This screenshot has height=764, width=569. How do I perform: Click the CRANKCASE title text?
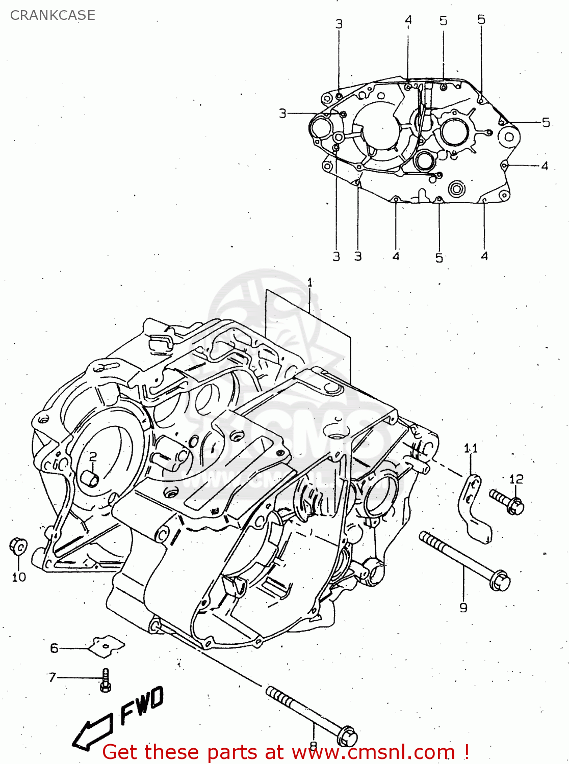(x=53, y=15)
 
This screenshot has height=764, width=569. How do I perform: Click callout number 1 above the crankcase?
(x=309, y=282)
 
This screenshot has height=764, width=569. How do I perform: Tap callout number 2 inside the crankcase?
(x=93, y=456)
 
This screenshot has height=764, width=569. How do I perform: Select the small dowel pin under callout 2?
(x=90, y=478)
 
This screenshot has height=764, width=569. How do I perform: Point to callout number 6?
(x=54, y=648)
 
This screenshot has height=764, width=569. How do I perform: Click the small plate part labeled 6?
(x=107, y=646)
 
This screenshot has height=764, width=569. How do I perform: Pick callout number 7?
(x=52, y=677)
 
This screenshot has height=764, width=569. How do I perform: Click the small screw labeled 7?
(x=106, y=680)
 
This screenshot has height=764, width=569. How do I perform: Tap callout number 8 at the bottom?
(x=313, y=745)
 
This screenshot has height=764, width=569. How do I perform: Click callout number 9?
(x=463, y=607)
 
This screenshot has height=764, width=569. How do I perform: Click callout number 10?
(x=19, y=577)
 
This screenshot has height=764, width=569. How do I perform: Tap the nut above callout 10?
(x=18, y=547)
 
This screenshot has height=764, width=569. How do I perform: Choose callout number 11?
(x=471, y=448)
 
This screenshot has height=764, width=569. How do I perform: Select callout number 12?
(x=516, y=479)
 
